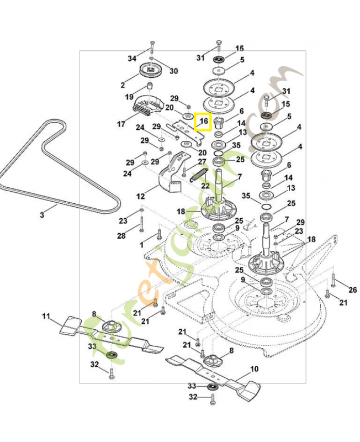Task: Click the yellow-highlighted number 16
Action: (x=203, y=121)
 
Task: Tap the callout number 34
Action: (x=131, y=59)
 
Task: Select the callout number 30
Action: (x=173, y=71)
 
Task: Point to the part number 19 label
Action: (x=129, y=97)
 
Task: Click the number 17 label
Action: (x=121, y=124)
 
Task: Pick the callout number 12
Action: (x=140, y=196)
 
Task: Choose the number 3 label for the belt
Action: (x=41, y=214)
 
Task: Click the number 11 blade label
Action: (x=46, y=317)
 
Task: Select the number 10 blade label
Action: (x=254, y=369)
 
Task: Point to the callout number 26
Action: (x=353, y=290)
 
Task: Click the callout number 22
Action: (x=205, y=186)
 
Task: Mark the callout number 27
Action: (x=202, y=162)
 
